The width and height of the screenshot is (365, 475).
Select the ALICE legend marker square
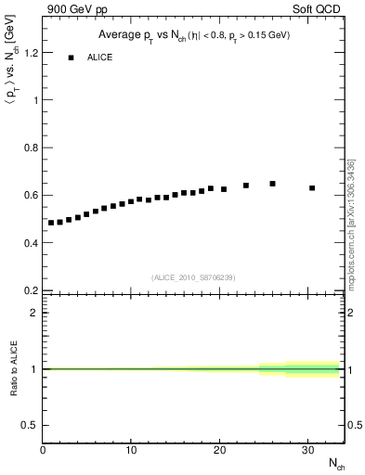71,58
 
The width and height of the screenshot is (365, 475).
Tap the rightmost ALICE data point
312,187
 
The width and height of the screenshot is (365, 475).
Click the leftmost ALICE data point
51,223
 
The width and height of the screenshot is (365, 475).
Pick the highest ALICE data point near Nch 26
272,184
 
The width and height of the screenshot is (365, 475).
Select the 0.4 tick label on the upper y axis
31,243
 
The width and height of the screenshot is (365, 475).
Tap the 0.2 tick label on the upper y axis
31,290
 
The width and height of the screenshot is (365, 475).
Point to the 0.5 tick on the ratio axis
31,425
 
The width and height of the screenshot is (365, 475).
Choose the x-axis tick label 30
307,451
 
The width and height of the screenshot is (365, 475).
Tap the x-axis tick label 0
43,451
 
